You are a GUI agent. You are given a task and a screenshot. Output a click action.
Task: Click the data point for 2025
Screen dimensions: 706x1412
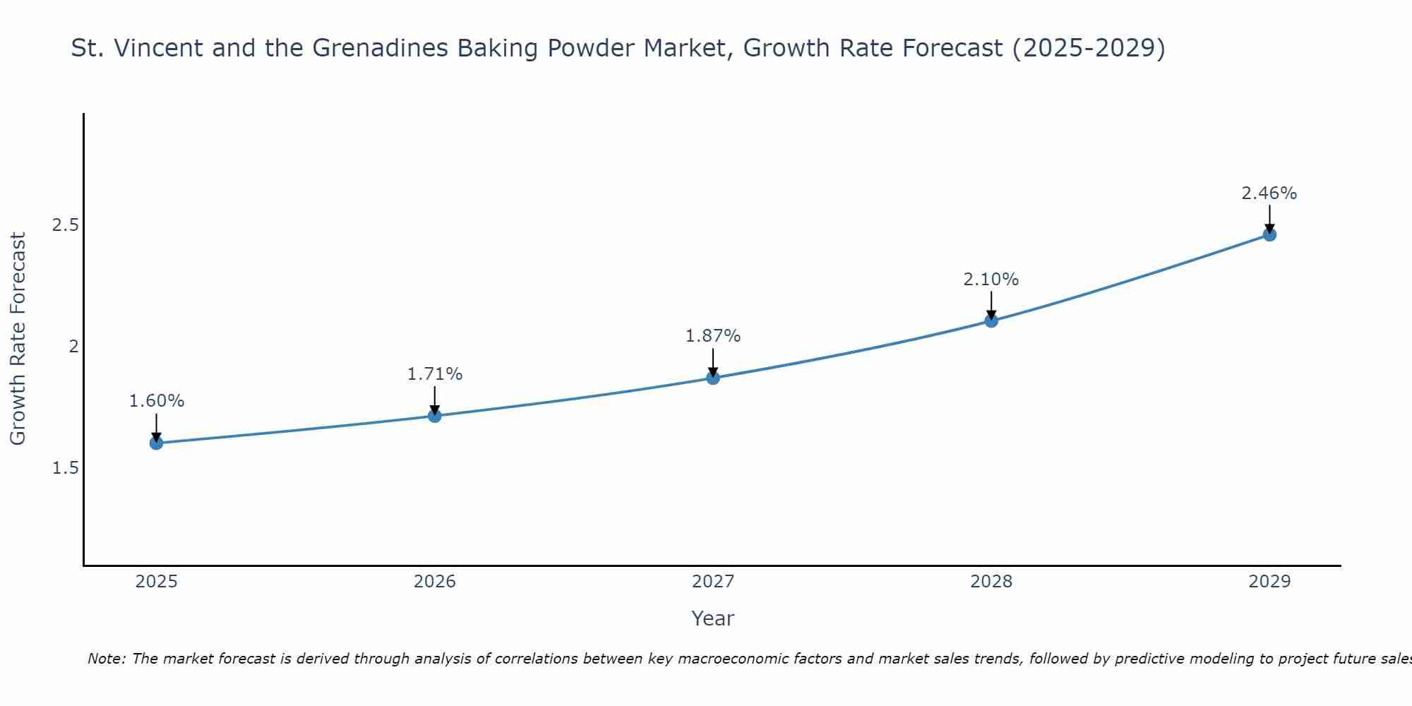point(156,443)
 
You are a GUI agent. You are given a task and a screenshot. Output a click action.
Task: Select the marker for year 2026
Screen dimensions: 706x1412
point(435,416)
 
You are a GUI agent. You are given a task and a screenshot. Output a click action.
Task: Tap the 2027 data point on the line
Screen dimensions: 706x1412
point(713,378)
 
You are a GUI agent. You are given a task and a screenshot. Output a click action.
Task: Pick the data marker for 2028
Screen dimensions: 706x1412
point(991,321)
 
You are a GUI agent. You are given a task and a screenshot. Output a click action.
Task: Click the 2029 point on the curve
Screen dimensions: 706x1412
point(1269,234)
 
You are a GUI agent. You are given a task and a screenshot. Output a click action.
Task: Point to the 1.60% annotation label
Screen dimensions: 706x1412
point(156,401)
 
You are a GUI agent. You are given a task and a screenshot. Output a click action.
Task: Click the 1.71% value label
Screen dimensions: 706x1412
point(435,374)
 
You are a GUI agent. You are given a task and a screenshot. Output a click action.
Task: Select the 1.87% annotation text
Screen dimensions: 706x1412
point(713,336)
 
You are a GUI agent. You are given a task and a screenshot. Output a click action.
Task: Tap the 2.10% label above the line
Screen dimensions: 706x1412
point(991,280)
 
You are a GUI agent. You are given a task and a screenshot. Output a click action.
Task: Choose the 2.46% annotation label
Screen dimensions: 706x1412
point(1269,193)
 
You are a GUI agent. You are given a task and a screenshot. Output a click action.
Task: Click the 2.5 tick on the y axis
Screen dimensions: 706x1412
point(66,225)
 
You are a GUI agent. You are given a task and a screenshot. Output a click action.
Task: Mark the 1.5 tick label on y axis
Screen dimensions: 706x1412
point(66,468)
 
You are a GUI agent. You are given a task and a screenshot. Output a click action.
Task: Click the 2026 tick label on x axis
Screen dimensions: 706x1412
point(435,582)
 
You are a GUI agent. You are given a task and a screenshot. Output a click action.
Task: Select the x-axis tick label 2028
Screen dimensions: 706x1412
point(991,582)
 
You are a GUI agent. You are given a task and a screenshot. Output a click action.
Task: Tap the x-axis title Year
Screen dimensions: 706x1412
point(713,618)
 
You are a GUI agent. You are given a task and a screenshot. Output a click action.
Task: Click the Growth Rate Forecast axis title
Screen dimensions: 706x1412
point(18,339)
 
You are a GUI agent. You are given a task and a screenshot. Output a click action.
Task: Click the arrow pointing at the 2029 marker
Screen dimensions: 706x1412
point(1269,217)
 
